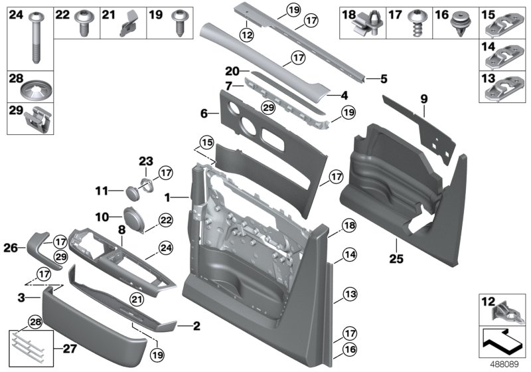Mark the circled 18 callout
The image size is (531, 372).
[x=349, y=227]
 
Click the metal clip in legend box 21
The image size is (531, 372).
[x=127, y=25]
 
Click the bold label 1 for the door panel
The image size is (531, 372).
[x=168, y=197]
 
